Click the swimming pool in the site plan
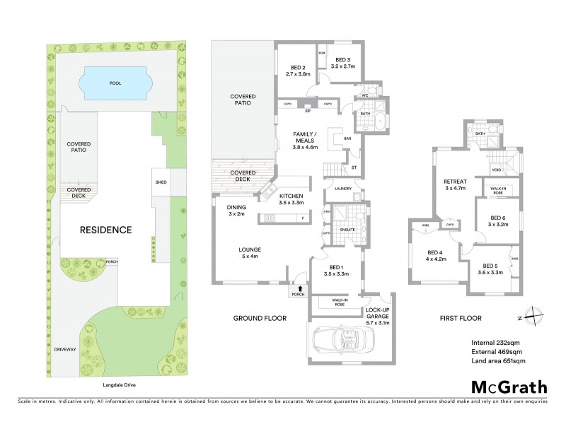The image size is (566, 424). coord(115,83)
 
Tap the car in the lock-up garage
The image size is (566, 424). coord(342,341)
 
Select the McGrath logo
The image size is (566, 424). coord(509,387)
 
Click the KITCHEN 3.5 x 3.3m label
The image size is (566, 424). coord(291,199)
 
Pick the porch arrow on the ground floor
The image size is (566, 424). coord(300,288)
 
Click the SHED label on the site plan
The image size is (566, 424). coord(161,182)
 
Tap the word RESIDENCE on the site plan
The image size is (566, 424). coord(105,230)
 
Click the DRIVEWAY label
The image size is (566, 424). coord(65,349)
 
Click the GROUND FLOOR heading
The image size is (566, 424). coord(260,319)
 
